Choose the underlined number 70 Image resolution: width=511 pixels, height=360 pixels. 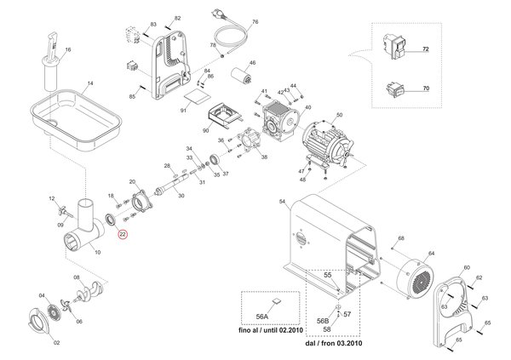pyautogui.click(x=426, y=89)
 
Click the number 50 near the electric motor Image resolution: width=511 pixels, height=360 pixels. pyautogui.click(x=338, y=116)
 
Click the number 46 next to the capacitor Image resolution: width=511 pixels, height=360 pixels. pyautogui.click(x=251, y=64)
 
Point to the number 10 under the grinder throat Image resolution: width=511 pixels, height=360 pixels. pyautogui.click(x=96, y=254)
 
